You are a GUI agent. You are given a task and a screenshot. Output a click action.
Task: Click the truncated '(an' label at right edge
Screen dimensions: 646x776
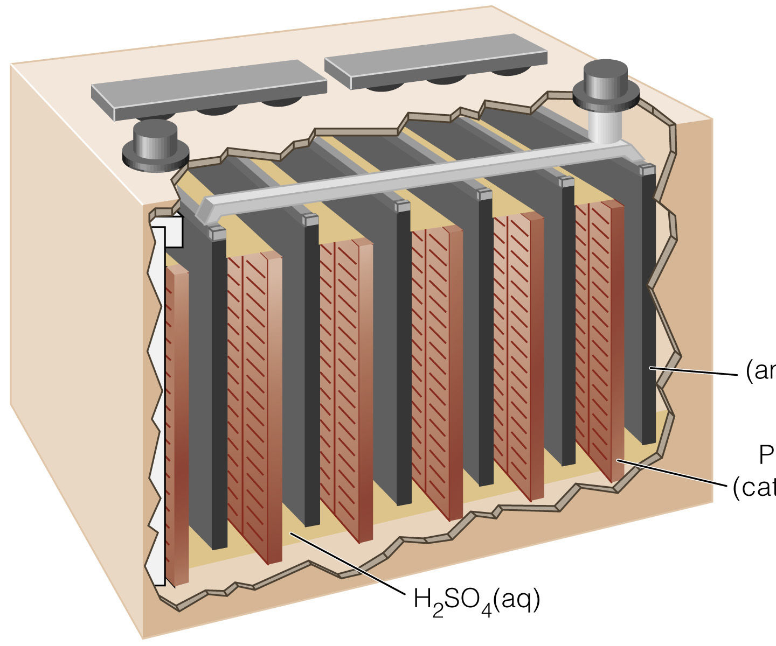(x=760, y=371)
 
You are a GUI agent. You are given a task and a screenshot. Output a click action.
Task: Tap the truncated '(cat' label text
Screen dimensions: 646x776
(x=754, y=488)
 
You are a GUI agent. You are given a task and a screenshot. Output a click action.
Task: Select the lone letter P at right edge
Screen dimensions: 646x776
(x=766, y=455)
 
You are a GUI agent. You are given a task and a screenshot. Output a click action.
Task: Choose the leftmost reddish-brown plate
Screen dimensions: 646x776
(x=177, y=425)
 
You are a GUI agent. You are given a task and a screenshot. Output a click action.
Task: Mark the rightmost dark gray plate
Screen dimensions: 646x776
(x=647, y=301)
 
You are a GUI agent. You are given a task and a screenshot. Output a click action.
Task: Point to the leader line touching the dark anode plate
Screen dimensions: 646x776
(x=695, y=371)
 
